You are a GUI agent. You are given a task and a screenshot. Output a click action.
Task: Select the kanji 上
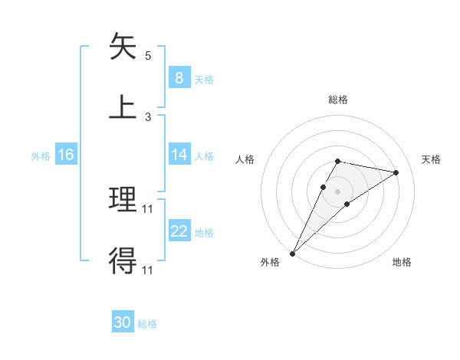coord(123,106)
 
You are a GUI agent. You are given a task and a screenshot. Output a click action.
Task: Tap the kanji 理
coord(123,200)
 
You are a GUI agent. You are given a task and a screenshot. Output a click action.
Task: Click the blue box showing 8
coord(179,78)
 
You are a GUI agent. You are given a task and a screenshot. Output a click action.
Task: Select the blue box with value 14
coord(179,155)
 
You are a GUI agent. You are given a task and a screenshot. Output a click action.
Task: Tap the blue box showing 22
coord(179,231)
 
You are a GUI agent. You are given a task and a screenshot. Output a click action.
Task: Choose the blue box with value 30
coord(123,322)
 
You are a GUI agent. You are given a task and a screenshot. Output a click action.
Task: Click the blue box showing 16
coord(65,155)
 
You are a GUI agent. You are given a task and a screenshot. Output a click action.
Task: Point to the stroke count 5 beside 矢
coord(148,56)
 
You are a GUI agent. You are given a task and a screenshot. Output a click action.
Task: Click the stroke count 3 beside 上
coord(148,117)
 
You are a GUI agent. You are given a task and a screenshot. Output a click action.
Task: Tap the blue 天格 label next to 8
coord(204,79)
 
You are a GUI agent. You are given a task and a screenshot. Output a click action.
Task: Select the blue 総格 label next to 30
coord(147,324)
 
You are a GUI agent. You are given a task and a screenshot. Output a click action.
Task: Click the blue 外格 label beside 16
coord(41,155)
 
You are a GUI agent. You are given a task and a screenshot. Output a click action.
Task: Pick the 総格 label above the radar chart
coord(337,100)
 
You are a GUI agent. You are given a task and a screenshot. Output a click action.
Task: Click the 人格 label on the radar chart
coord(245,159)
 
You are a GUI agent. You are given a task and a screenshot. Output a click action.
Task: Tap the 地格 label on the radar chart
coord(402,262)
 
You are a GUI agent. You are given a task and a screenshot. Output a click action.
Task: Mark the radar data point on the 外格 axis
coord(292,254)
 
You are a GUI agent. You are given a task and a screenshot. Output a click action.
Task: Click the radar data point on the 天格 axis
coord(396,172)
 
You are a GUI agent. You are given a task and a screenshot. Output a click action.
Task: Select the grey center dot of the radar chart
coord(337,191)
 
